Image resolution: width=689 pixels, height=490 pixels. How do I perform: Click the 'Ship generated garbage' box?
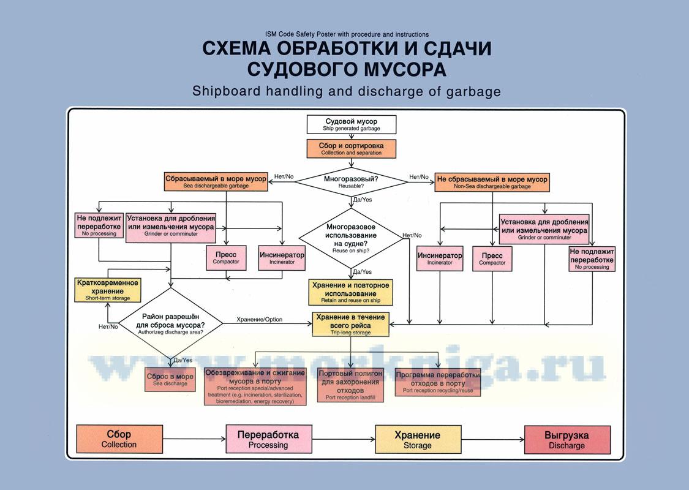(352, 124)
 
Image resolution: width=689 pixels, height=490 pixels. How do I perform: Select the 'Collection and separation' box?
(351, 149)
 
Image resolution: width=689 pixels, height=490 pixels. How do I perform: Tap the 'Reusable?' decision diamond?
(350, 181)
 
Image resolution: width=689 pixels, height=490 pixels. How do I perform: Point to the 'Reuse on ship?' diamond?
(350, 238)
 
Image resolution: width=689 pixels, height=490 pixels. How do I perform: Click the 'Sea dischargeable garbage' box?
(216, 182)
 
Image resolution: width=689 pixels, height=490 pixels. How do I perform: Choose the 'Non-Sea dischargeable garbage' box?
(492, 182)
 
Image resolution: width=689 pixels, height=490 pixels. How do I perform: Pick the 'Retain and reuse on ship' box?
(350, 293)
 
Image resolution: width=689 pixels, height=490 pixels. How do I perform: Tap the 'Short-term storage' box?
(108, 290)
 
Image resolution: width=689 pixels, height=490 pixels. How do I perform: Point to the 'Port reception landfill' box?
(350, 385)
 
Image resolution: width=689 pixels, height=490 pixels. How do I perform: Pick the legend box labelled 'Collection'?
(119, 439)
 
